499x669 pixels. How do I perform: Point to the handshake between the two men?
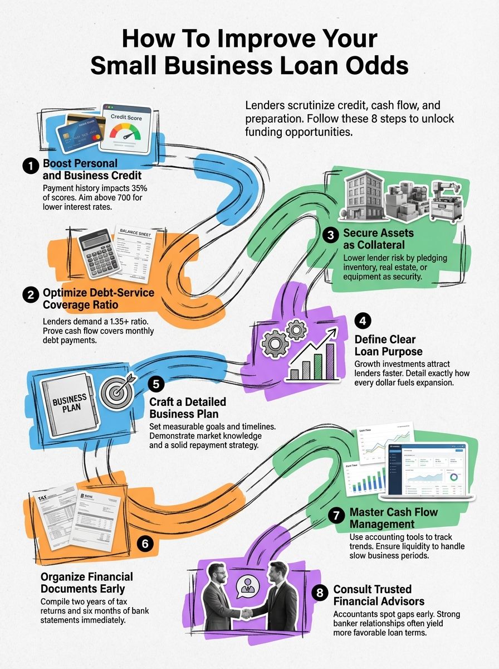(246, 612)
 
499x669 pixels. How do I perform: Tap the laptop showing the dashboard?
(423, 472)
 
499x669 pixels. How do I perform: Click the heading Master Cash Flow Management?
(393, 518)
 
